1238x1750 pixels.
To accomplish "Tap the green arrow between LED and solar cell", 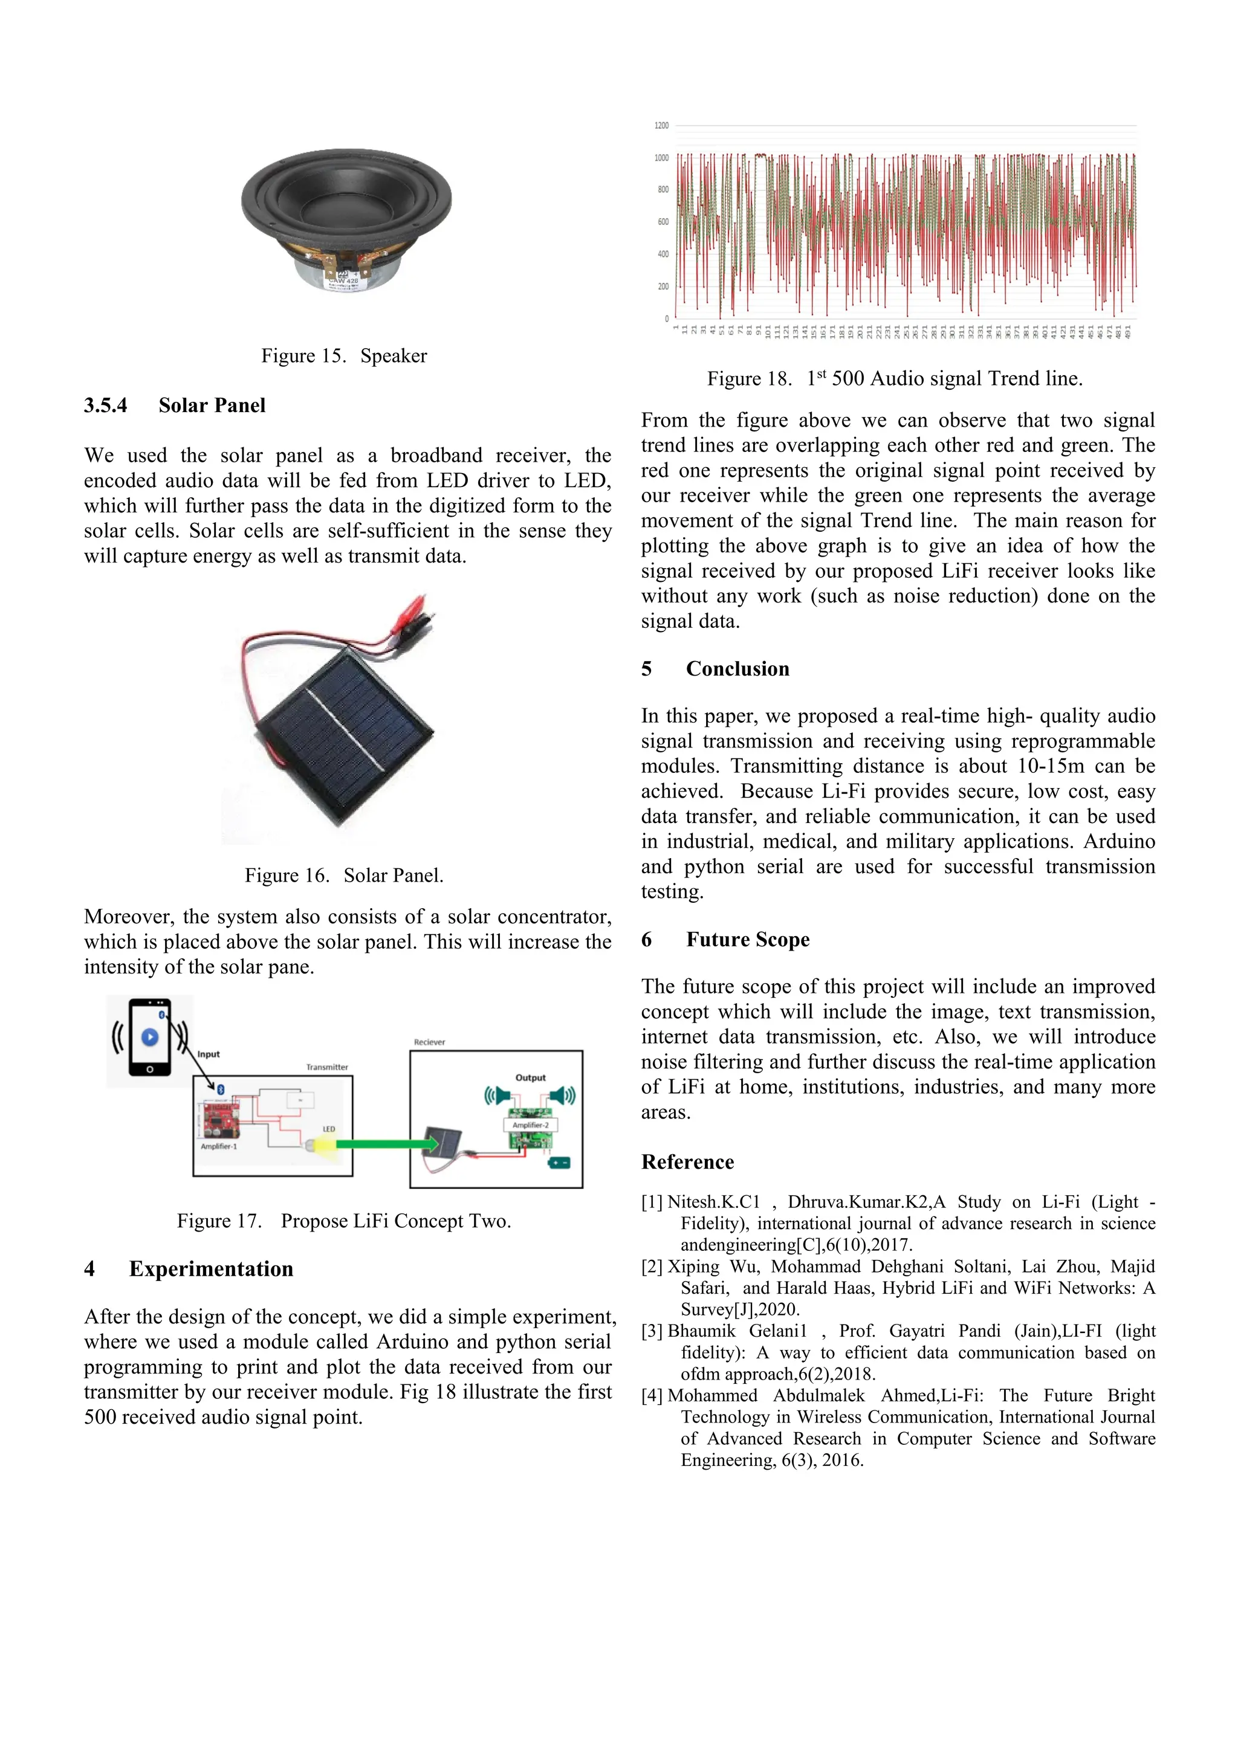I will [385, 1143].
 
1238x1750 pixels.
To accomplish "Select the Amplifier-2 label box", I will [531, 1125].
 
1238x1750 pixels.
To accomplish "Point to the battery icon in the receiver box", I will [560, 1163].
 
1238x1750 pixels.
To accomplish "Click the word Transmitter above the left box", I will [327, 1067].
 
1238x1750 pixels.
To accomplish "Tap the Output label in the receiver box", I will [531, 1078].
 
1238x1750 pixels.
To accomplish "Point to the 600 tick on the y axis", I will [663, 222].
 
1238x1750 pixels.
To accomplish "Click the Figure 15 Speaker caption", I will [344, 356].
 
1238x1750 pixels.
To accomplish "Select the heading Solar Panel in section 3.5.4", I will [212, 405].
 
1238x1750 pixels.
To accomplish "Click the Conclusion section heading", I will [737, 668].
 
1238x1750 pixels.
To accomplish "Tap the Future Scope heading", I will [747, 939].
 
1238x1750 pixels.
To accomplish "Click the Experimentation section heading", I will [210, 1269].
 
